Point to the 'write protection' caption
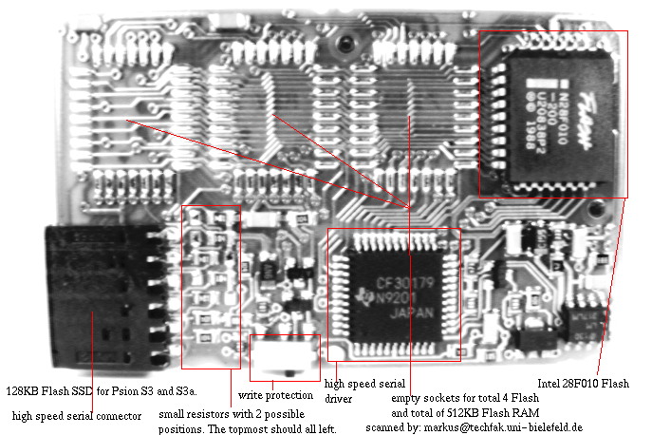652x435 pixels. tap(275, 394)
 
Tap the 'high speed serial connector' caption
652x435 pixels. tap(77, 415)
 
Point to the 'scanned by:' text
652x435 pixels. tap(393, 427)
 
